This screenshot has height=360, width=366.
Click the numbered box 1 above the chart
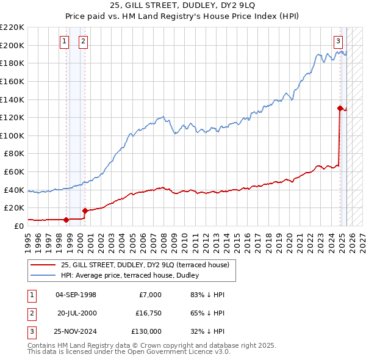65,41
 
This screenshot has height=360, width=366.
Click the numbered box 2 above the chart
83,41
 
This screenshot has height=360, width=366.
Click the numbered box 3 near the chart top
338,41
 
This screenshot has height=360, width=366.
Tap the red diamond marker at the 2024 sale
339,108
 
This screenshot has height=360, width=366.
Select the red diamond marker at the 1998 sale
66,219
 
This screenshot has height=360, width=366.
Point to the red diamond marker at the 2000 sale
85,211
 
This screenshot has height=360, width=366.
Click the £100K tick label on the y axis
12,135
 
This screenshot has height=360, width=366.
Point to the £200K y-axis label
12,45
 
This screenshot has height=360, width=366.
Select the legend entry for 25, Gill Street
145,265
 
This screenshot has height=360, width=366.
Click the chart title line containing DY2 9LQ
183,6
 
